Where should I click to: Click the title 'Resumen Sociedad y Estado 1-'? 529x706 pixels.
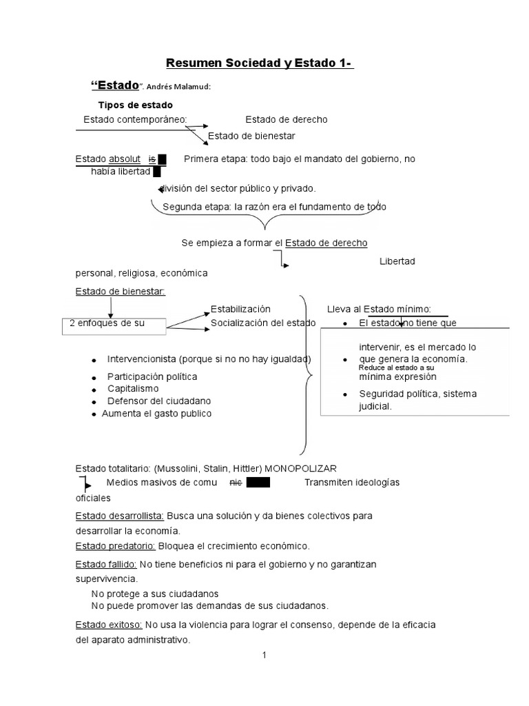260,64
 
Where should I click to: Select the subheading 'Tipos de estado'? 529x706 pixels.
136,105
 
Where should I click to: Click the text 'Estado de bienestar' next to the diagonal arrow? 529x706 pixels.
251,135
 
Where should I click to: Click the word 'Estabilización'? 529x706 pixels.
240,309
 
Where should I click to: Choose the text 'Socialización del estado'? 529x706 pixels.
263,323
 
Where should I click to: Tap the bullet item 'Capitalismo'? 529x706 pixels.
133,389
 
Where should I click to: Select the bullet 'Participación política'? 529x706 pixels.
152,376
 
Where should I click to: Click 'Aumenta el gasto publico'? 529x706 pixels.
157,414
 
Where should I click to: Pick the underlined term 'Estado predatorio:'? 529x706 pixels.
115,546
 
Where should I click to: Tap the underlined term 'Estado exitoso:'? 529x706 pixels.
108,625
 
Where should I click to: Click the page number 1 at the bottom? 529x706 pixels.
264,655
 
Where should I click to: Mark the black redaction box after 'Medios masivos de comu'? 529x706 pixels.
259,483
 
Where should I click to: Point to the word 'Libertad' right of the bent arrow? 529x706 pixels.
397,261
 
